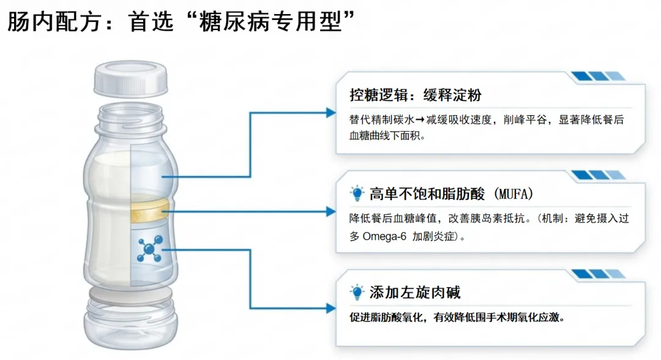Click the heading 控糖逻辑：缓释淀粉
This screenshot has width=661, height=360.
pos(415,95)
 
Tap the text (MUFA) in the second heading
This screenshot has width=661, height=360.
pos(513,195)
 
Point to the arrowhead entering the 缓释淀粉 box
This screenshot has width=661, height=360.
pos(331,113)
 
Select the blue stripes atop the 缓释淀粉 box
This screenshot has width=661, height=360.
pos(598,77)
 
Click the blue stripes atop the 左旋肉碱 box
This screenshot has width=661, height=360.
pos(598,274)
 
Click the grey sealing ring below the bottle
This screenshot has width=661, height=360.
pos(131,298)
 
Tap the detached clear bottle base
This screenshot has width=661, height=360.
pos(131,324)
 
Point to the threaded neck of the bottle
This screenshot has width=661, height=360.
pos(131,117)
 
